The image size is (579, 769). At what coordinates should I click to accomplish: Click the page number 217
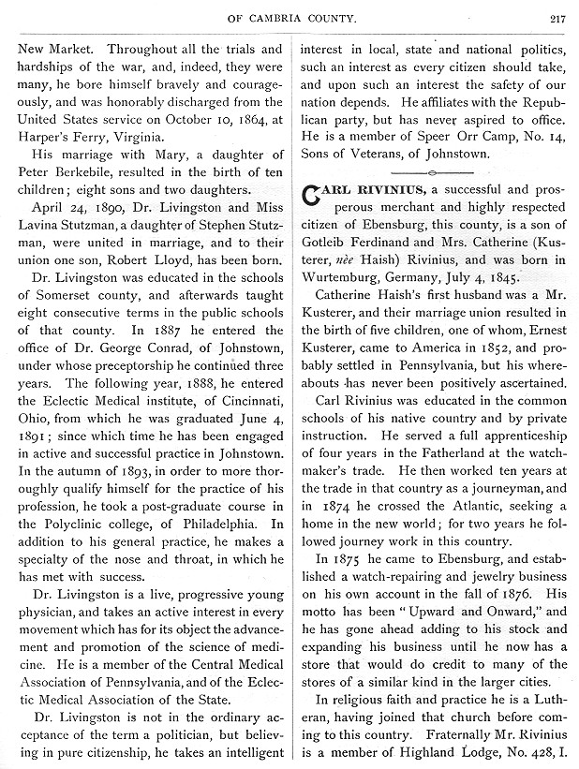tap(557, 16)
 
